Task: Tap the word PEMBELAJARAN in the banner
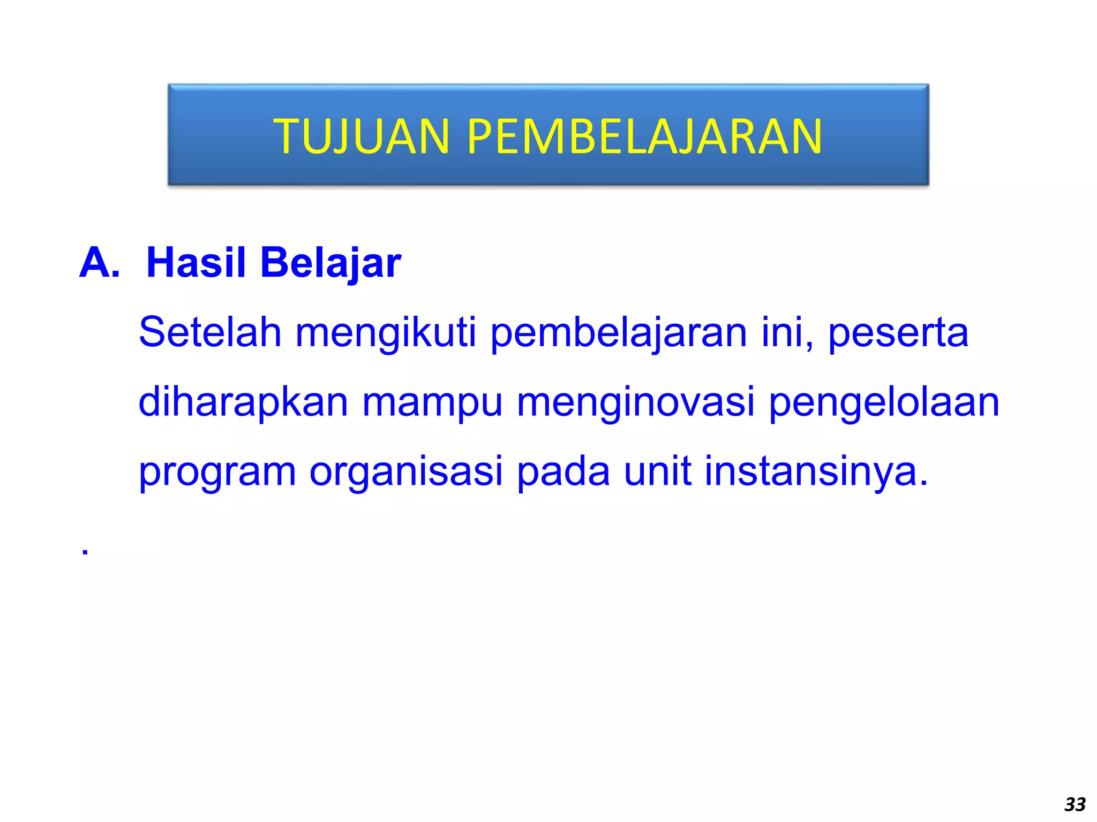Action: click(644, 137)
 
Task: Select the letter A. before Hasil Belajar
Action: click(100, 263)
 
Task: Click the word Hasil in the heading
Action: click(196, 263)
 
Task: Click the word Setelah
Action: click(210, 332)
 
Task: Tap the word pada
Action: click(563, 472)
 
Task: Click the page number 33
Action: click(1075, 804)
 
